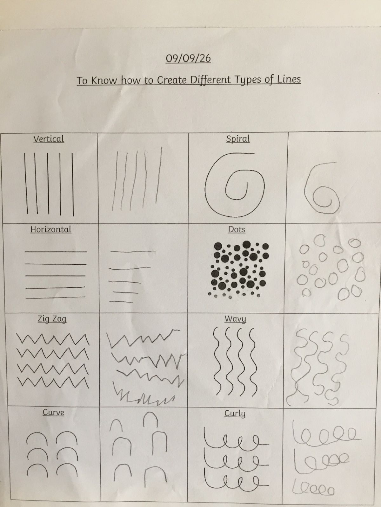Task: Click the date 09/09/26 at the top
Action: click(x=188, y=58)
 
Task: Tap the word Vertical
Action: click(x=49, y=139)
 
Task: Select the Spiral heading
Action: click(x=238, y=139)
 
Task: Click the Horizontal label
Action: click(x=51, y=229)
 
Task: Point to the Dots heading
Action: click(x=237, y=229)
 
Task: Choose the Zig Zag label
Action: click(x=52, y=319)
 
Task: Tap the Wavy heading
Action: click(x=235, y=319)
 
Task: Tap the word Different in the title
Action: click(x=210, y=80)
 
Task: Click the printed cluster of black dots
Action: click(x=238, y=269)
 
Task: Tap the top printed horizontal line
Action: click(x=56, y=252)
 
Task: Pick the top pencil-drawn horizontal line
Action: click(x=133, y=251)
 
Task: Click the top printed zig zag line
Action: click(x=53, y=339)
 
